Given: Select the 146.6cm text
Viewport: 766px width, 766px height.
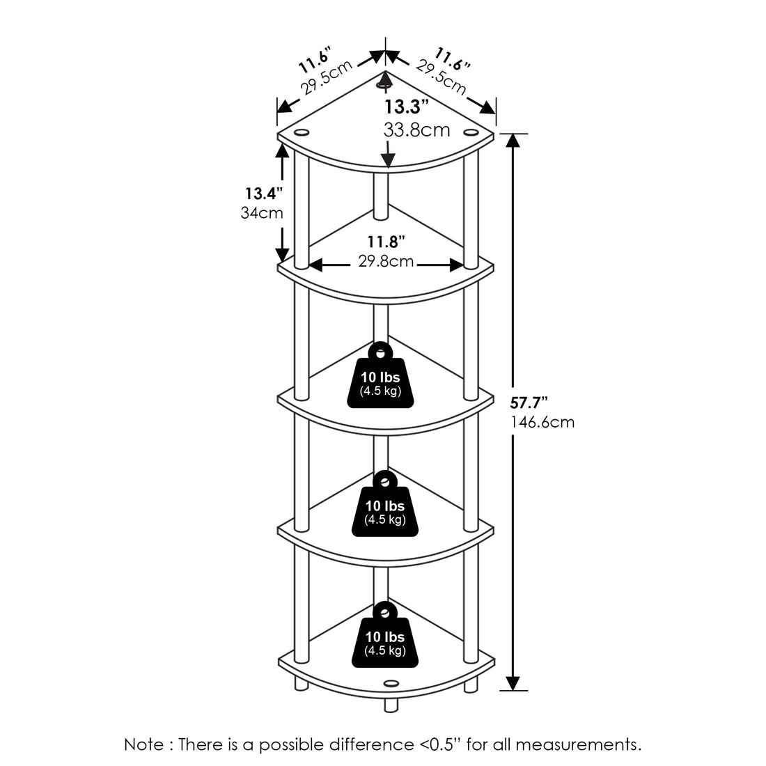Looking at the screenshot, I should [x=543, y=422].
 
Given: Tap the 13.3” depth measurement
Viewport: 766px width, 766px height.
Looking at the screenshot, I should [x=407, y=107].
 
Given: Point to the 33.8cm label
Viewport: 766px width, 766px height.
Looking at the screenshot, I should [x=416, y=130].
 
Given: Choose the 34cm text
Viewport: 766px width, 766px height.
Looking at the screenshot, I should [x=262, y=212].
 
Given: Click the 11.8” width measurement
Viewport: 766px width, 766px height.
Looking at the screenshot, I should [x=386, y=242].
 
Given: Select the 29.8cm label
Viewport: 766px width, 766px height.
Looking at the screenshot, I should [x=386, y=262].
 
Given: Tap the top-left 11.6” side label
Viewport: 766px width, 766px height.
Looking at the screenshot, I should [x=314, y=60].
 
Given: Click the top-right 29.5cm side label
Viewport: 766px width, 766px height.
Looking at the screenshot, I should [x=441, y=77].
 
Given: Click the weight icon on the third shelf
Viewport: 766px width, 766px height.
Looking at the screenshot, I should [x=380, y=376].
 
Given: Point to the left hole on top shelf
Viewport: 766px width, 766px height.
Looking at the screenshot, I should [x=302, y=132].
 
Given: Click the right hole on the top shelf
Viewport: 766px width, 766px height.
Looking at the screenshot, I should [x=471, y=132].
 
